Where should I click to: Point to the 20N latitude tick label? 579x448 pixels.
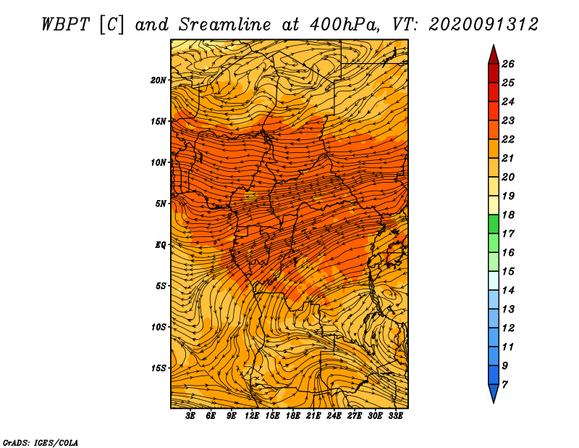pyautogui.click(x=159, y=80)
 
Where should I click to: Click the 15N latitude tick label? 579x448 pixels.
pyautogui.click(x=159, y=121)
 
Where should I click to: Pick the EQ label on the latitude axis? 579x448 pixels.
pyautogui.click(x=161, y=244)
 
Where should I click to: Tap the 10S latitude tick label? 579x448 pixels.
pyautogui.click(x=159, y=327)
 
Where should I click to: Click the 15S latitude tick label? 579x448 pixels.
pyautogui.click(x=159, y=368)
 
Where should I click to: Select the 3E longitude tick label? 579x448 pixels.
pyautogui.click(x=191, y=416)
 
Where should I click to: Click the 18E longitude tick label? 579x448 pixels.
pyautogui.click(x=293, y=416)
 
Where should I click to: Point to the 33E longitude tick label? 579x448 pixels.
pyautogui.click(x=395, y=416)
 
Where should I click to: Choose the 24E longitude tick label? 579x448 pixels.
pyautogui.click(x=334, y=416)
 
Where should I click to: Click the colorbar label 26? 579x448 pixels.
pyautogui.click(x=507, y=64)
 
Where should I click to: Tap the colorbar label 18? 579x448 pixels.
pyautogui.click(x=507, y=215)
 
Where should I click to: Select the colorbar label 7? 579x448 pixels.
pyautogui.click(x=504, y=384)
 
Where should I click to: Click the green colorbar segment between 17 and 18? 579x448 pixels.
pyautogui.click(x=493, y=224)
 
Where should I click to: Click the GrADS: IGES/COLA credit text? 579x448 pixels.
pyautogui.click(x=40, y=441)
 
